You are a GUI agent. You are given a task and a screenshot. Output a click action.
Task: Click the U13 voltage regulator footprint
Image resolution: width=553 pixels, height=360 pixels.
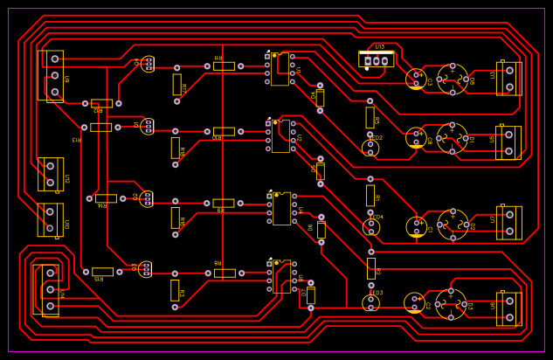(376, 59)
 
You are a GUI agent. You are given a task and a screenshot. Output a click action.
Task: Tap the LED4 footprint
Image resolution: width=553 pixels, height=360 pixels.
(371, 227)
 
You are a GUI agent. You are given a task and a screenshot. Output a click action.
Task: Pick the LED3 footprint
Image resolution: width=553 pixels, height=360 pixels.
(371, 303)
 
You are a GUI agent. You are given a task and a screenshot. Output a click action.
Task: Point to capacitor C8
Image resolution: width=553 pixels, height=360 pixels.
(416, 137)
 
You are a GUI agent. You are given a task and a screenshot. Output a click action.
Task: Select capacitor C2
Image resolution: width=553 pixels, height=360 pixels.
(414, 303)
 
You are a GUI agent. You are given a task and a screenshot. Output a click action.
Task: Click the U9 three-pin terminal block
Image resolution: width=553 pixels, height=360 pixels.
(54, 75)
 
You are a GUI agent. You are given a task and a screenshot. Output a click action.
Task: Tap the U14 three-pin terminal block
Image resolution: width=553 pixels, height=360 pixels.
(50, 289)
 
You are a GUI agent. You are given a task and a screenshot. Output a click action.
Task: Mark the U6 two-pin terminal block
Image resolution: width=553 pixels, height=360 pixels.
(508, 308)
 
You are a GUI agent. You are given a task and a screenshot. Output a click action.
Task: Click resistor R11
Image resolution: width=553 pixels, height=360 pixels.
(224, 66)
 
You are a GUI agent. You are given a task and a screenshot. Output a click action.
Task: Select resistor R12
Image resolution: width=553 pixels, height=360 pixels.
(101, 103)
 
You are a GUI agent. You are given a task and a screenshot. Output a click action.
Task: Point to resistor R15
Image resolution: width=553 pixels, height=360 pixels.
(102, 272)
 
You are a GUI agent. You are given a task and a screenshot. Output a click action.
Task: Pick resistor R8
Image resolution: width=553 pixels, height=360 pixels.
(225, 273)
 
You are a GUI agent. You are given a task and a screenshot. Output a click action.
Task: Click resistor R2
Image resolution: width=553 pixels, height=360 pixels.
(370, 268)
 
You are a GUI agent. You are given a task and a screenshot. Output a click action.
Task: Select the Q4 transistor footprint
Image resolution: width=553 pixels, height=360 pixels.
(149, 64)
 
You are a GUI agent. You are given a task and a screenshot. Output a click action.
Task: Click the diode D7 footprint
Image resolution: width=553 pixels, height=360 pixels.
(310, 295)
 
